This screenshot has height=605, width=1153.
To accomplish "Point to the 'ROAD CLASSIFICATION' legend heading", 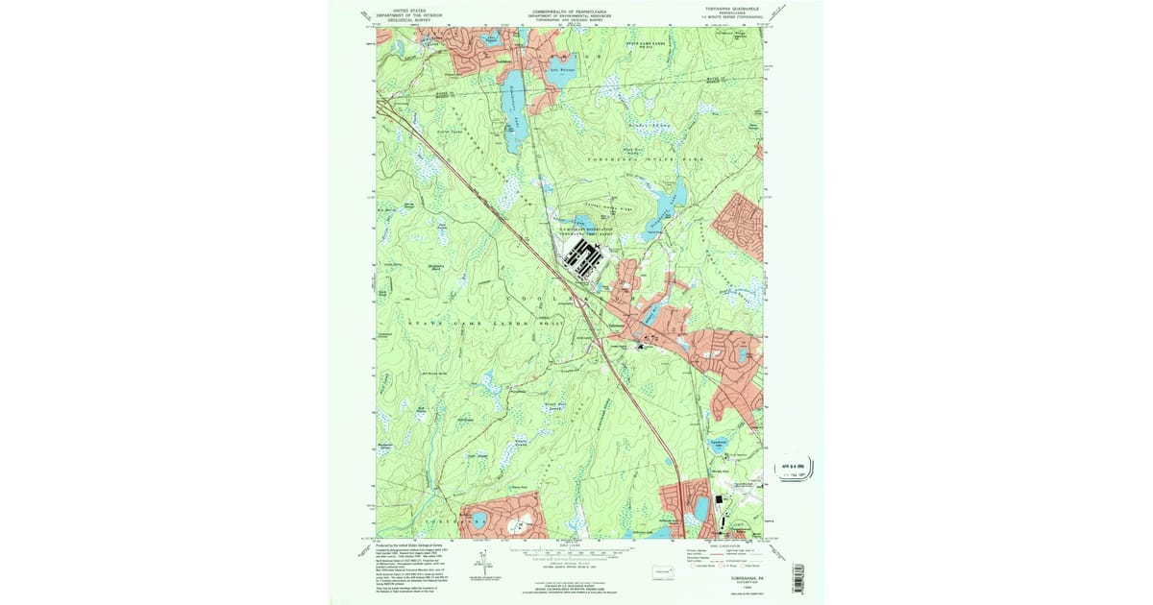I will pyautogui.click(x=724, y=544).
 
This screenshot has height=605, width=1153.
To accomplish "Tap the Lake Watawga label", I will pyautogui.click(x=561, y=69).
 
